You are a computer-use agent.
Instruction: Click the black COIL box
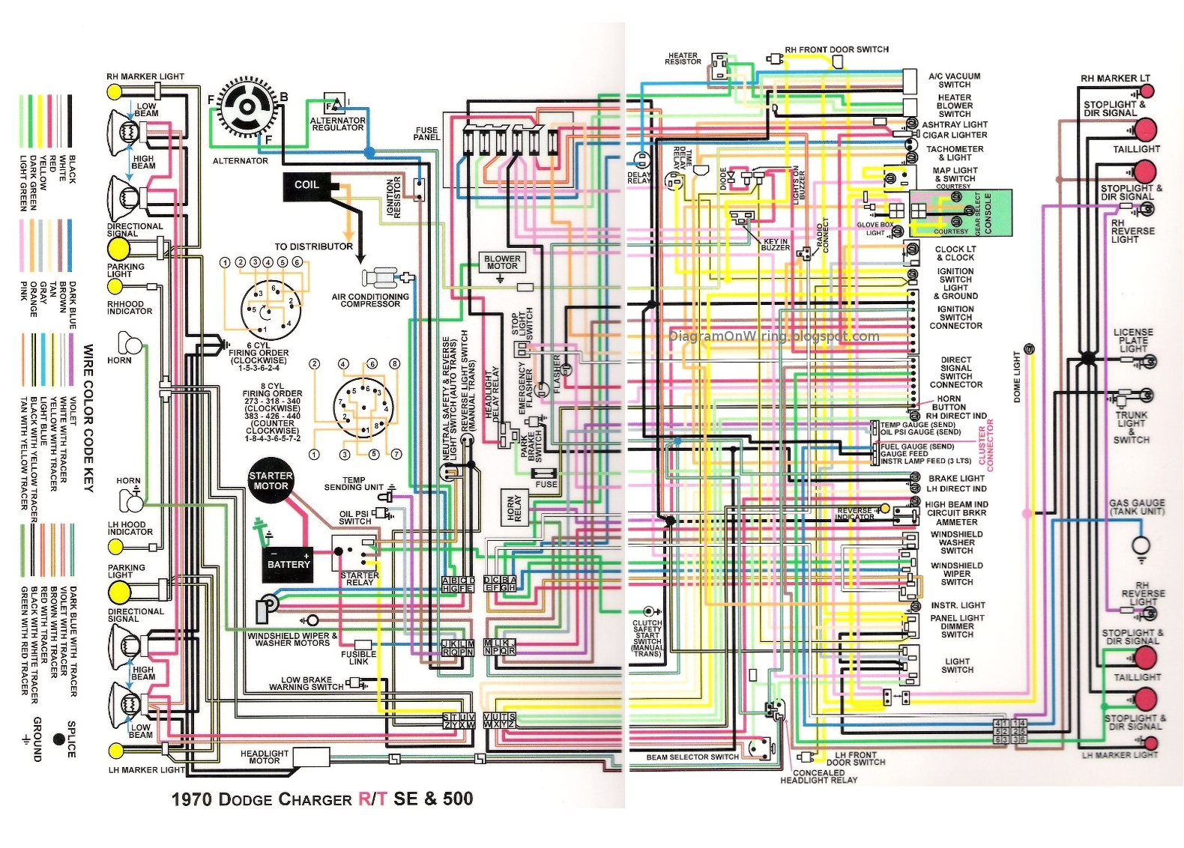click(306, 186)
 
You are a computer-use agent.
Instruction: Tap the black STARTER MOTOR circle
click(271, 481)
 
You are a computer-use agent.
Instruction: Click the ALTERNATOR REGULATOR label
click(338, 124)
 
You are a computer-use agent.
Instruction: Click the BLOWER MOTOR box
click(502, 262)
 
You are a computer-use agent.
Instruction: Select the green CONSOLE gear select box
click(961, 213)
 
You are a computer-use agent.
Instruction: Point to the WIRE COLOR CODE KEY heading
click(88, 418)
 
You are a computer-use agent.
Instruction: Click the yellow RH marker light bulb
click(115, 91)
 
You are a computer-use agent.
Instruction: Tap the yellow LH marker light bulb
click(115, 751)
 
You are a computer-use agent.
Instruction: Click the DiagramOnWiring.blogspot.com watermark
click(774, 336)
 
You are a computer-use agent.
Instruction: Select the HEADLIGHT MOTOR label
click(264, 757)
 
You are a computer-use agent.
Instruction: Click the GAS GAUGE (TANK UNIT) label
click(1137, 507)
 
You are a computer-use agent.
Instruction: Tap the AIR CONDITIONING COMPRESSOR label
click(370, 300)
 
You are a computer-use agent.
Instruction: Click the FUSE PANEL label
click(426, 133)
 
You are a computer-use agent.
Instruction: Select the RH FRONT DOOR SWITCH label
click(836, 49)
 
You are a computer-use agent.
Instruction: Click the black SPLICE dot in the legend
click(58, 739)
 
